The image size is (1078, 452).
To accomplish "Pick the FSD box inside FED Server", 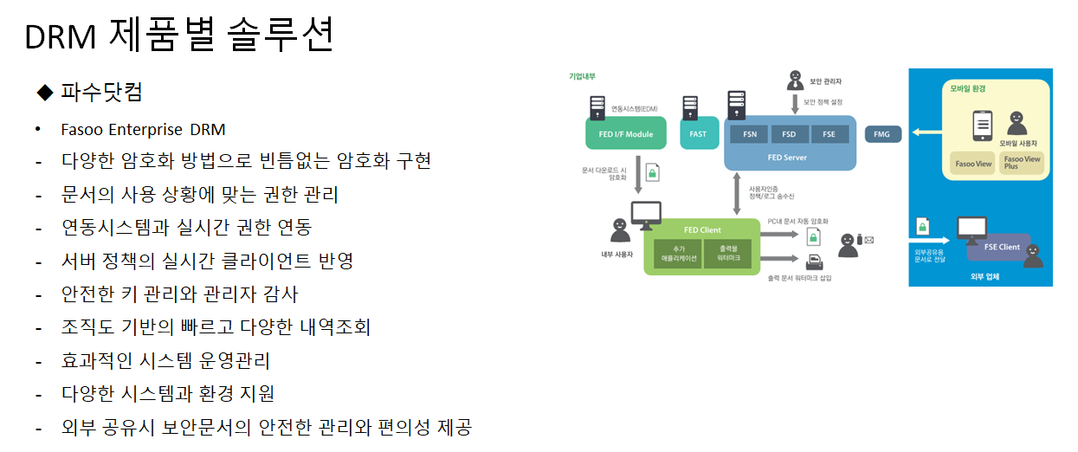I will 789,134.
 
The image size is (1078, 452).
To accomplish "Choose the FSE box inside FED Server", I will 829,134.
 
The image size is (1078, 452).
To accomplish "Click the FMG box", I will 883,134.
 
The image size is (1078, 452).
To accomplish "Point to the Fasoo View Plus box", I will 1023,162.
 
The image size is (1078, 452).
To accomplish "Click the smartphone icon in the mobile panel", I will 982,126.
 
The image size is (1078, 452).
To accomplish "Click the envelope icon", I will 868,240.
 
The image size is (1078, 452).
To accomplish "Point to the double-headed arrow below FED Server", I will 736,192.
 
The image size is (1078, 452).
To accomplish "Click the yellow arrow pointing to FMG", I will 925,133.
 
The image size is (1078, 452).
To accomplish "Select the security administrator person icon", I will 794,80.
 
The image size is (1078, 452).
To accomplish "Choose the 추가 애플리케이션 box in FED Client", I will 678,253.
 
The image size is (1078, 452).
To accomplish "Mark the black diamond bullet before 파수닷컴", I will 45,92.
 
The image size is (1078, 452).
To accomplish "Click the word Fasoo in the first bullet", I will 81,130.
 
